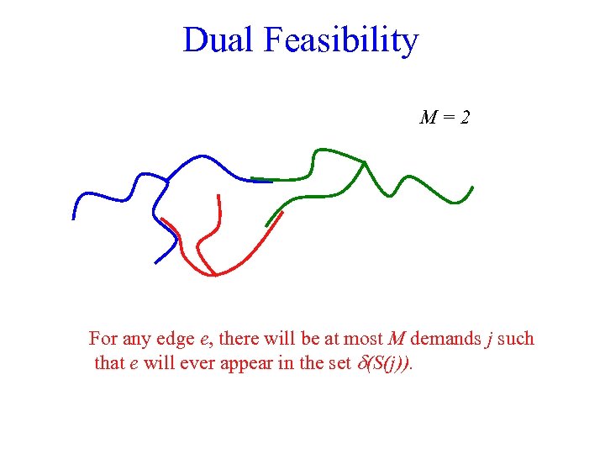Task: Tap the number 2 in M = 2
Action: (465, 118)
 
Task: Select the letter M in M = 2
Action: (428, 118)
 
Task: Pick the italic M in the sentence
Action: (397, 339)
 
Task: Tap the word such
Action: (516, 339)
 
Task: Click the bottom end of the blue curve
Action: (155, 263)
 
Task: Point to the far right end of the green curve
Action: (473, 187)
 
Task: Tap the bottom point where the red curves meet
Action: (213, 275)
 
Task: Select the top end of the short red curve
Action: (218, 196)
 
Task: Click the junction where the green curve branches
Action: (363, 162)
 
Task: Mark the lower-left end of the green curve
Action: (266, 226)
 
